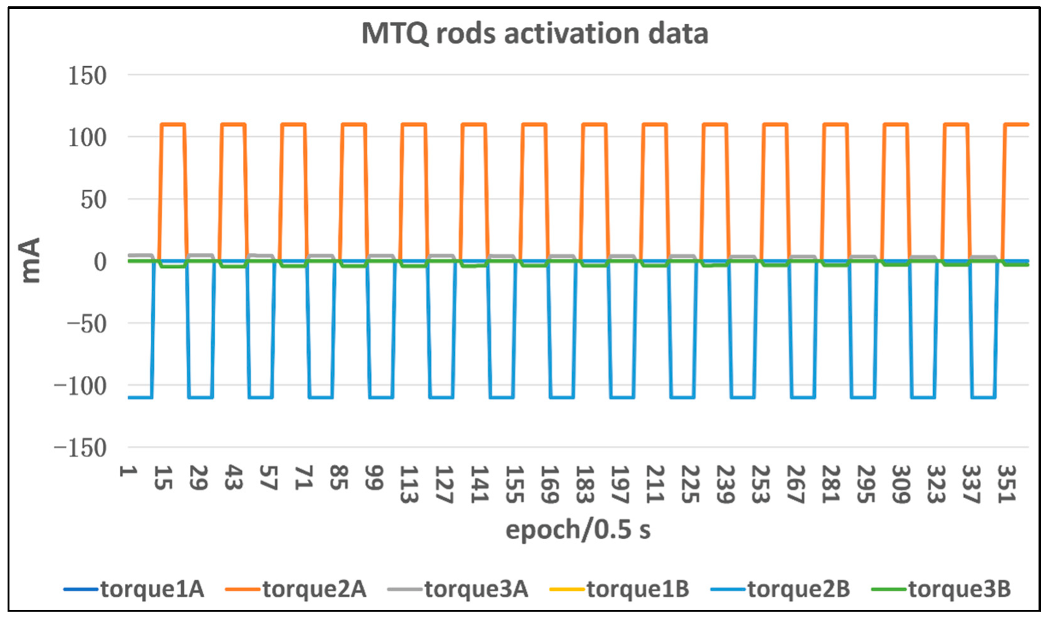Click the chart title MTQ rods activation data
(534, 33)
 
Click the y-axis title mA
(30, 260)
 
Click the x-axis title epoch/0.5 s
(577, 530)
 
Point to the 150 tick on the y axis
(87, 76)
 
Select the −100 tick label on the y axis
(80, 385)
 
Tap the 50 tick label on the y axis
(93, 200)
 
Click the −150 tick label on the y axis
(80, 448)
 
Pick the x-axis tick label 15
(163, 478)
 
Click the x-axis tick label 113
(409, 484)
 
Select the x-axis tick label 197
(620, 484)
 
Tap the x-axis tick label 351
(1006, 484)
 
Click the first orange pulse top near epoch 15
(173, 124)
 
